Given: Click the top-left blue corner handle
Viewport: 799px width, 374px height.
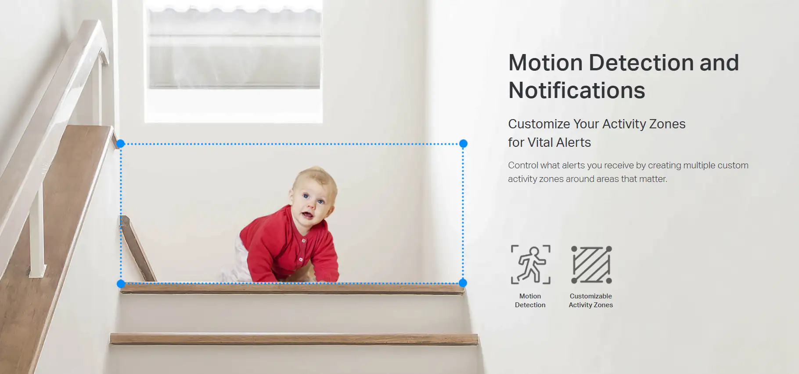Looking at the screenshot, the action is (121, 144).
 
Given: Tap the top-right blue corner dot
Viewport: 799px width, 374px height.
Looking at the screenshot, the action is (463, 144).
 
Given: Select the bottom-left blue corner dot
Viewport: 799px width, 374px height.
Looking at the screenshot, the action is (121, 284).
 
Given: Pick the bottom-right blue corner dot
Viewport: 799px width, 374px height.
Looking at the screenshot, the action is (463, 283).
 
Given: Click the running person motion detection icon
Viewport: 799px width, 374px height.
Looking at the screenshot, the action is (531, 265).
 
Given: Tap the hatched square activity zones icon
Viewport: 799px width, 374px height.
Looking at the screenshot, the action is (591, 265).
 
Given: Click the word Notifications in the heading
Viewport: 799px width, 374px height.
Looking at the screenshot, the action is (576, 91).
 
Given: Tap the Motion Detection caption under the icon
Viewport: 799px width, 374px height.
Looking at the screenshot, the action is (530, 301).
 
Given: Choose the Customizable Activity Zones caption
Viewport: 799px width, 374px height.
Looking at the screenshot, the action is (591, 301).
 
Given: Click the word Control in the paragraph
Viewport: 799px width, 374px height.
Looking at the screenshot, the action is (523, 165).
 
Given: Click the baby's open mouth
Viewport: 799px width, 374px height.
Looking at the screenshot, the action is (307, 215).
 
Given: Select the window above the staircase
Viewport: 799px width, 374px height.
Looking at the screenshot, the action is (234, 62).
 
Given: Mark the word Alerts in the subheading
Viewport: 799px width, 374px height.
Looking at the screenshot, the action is (573, 142).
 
